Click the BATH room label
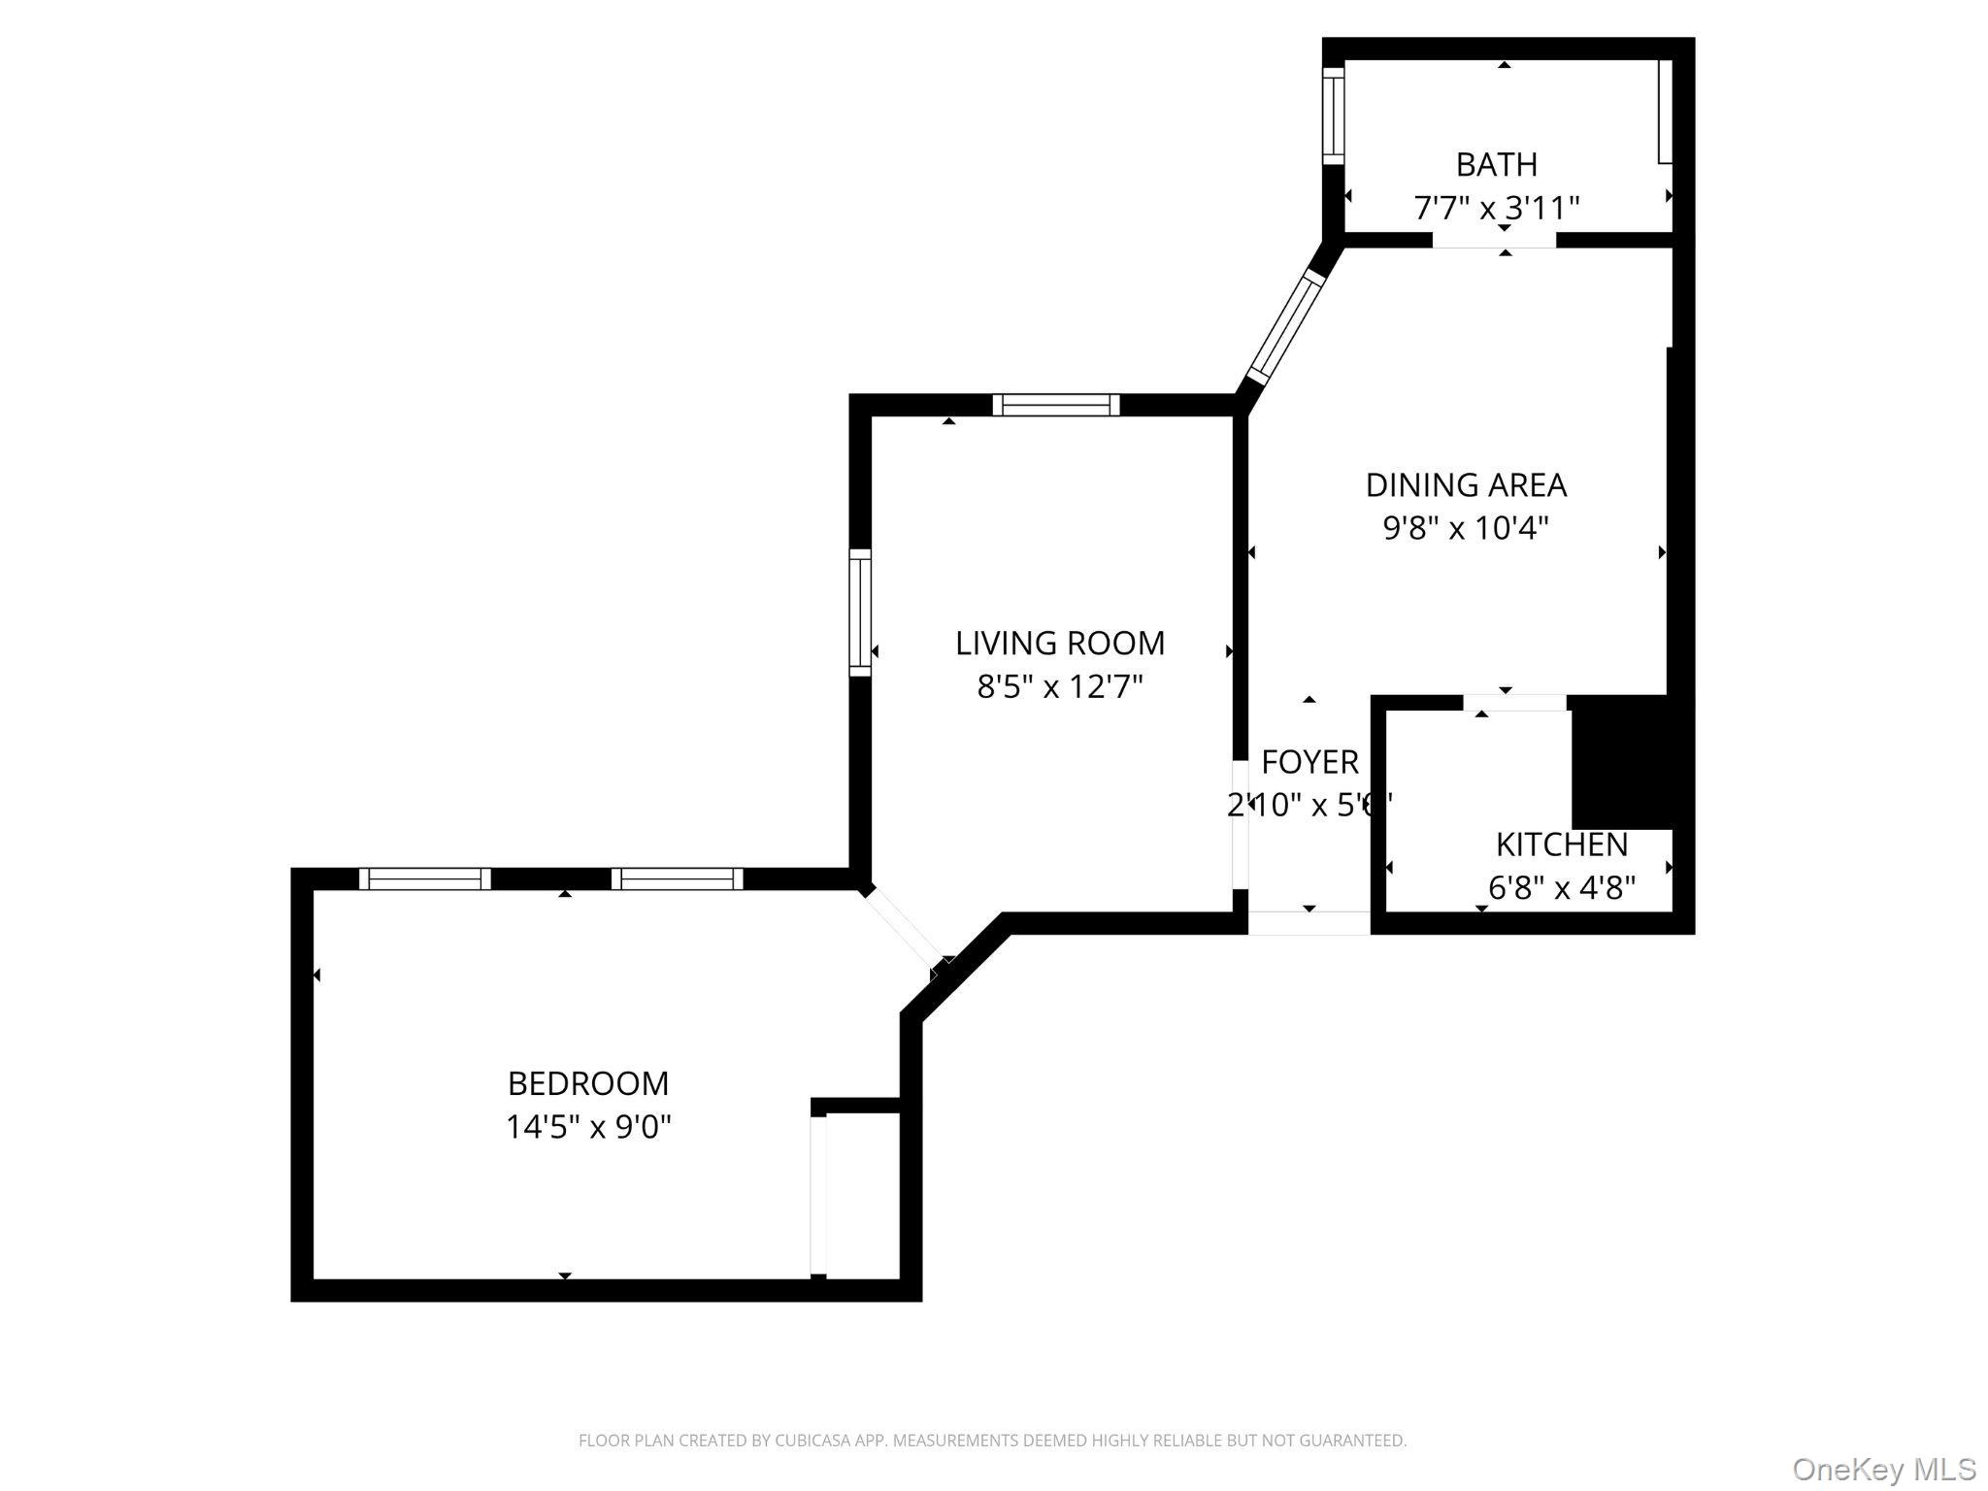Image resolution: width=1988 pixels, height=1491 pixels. click(x=1496, y=165)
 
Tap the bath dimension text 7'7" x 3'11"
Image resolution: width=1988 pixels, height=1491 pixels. click(x=1496, y=208)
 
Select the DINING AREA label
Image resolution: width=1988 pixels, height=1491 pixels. click(x=1466, y=484)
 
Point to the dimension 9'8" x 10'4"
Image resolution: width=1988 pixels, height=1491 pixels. click(x=1466, y=528)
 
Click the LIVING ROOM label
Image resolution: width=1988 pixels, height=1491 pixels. click(x=1060, y=643)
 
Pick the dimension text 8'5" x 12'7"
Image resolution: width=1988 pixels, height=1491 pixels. click(x=1060, y=687)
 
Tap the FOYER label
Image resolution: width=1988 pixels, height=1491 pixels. click(x=1309, y=762)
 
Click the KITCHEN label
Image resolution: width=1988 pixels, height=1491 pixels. click(x=1561, y=845)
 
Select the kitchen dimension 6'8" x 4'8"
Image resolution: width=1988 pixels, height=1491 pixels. click(x=1561, y=887)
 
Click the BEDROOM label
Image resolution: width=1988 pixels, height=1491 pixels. click(x=588, y=1082)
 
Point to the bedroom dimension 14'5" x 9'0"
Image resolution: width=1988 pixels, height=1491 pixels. click(x=588, y=1127)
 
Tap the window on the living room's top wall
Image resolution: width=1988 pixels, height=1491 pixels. click(x=1056, y=405)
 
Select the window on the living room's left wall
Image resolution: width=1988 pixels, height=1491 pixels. click(x=860, y=612)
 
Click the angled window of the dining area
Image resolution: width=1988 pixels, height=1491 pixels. click(x=1287, y=326)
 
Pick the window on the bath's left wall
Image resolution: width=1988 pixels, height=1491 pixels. click(x=1334, y=116)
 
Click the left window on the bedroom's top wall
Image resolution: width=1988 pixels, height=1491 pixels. click(x=425, y=878)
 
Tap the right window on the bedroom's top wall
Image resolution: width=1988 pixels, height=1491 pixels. click(x=678, y=878)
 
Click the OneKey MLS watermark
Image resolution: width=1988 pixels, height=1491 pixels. click(x=1883, y=1469)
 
